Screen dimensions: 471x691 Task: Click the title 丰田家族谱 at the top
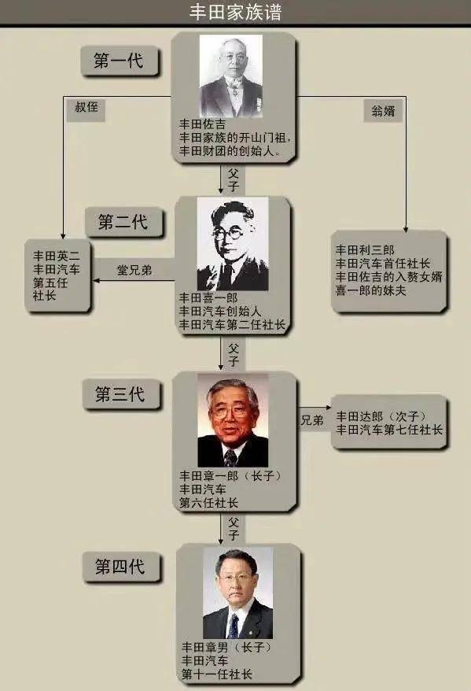click(236, 12)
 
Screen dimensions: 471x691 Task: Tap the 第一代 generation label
click(119, 61)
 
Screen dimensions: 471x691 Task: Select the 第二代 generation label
click(123, 222)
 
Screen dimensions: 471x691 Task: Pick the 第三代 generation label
click(120, 394)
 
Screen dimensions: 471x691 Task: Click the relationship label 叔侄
click(86, 107)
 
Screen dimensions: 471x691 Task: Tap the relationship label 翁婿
click(383, 111)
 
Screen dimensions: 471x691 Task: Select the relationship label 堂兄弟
click(134, 270)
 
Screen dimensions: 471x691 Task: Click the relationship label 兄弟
click(312, 420)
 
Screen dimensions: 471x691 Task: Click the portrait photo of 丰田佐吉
click(231, 76)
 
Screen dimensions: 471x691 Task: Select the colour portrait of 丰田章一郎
click(233, 420)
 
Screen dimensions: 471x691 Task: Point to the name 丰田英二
click(57, 256)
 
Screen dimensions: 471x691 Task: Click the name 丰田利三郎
click(365, 250)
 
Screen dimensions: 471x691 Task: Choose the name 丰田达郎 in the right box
click(359, 416)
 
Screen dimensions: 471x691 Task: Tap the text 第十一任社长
click(217, 674)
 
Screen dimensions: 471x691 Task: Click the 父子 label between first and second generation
click(234, 180)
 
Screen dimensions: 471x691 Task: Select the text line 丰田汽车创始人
click(220, 312)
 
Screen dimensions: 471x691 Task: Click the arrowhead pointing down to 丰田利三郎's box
click(406, 229)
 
